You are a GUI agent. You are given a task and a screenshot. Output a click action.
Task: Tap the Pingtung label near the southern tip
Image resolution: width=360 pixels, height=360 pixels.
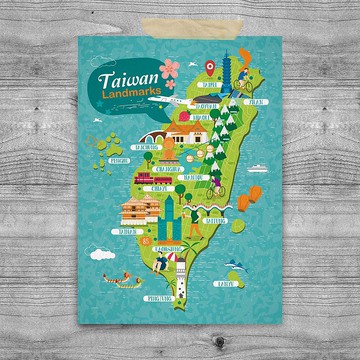(x=158, y=297)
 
